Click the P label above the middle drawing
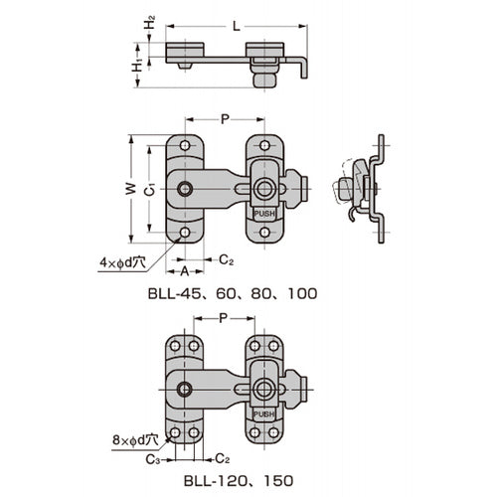(225, 118)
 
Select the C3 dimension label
(150, 459)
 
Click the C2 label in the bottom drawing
(225, 459)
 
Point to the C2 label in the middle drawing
(226, 260)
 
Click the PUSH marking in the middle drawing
(264, 213)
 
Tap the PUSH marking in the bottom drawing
(263, 413)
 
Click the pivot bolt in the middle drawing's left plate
(185, 189)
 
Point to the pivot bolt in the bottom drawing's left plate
(184, 389)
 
